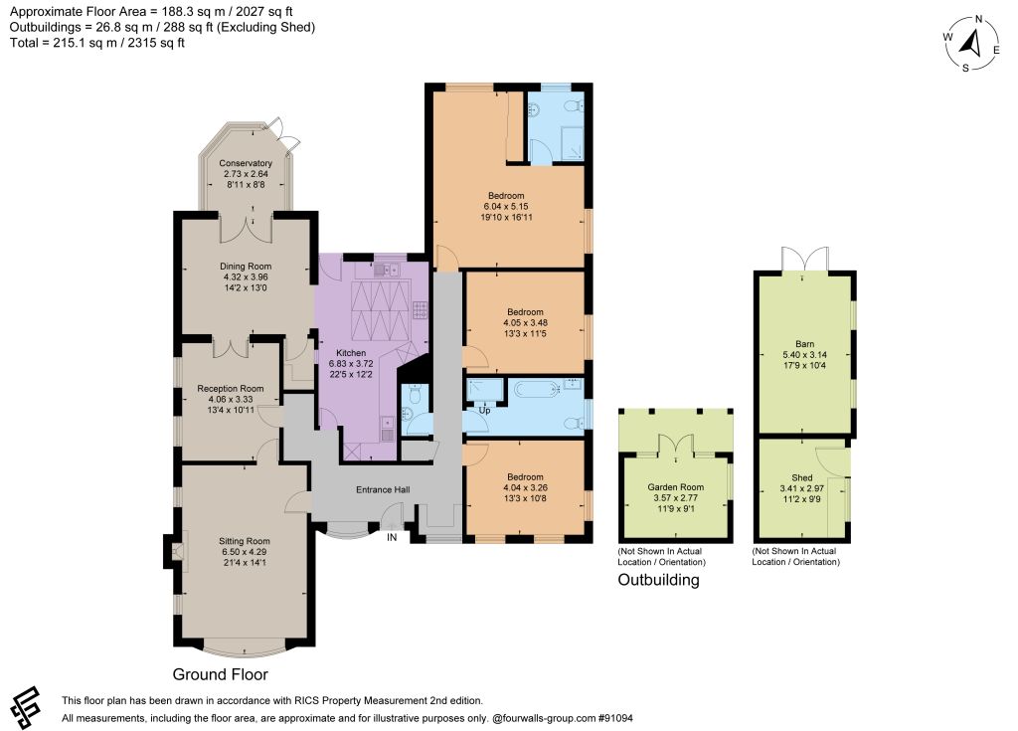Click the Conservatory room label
point(246,163)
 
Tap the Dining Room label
point(246,266)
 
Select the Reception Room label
point(231,389)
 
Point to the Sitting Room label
point(245,541)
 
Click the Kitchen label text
point(351,353)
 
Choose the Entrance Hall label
point(383,489)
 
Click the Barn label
point(805,344)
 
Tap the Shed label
point(802,477)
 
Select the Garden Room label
point(676,486)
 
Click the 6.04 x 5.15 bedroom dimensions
point(506,206)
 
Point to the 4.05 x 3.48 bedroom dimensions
point(525,322)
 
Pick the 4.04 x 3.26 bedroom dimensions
point(525,487)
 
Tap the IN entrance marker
point(392,537)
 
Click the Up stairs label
point(484,410)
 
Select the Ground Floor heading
point(220,674)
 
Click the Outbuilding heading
point(658,580)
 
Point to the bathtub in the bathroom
point(538,389)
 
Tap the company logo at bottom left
point(26,706)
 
